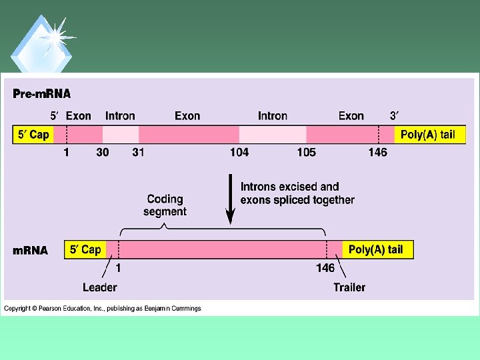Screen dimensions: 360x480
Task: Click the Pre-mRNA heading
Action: [41, 93]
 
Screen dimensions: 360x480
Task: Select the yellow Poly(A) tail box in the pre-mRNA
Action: [427, 134]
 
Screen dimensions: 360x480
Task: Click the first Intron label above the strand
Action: [120, 116]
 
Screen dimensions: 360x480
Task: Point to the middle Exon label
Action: [187, 116]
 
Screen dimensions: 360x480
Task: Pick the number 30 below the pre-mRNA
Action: [103, 152]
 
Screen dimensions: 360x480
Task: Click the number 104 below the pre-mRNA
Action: [239, 152]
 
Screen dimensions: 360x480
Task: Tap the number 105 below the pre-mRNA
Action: [306, 152]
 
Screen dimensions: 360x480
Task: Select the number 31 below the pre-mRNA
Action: [138, 152]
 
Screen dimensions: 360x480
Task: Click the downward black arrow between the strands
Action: [231, 199]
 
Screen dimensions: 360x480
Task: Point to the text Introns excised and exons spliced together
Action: [297, 193]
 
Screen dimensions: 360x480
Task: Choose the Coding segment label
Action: [165, 205]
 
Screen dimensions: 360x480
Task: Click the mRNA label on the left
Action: [30, 251]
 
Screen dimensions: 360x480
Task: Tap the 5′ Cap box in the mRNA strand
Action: [86, 249]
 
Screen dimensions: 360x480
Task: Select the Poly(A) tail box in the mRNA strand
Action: [376, 249]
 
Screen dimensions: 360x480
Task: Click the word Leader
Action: [100, 287]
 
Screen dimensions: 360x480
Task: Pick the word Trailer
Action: [349, 287]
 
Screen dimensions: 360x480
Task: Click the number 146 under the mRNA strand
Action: [325, 268]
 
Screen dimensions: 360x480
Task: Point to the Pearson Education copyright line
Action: [103, 308]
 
